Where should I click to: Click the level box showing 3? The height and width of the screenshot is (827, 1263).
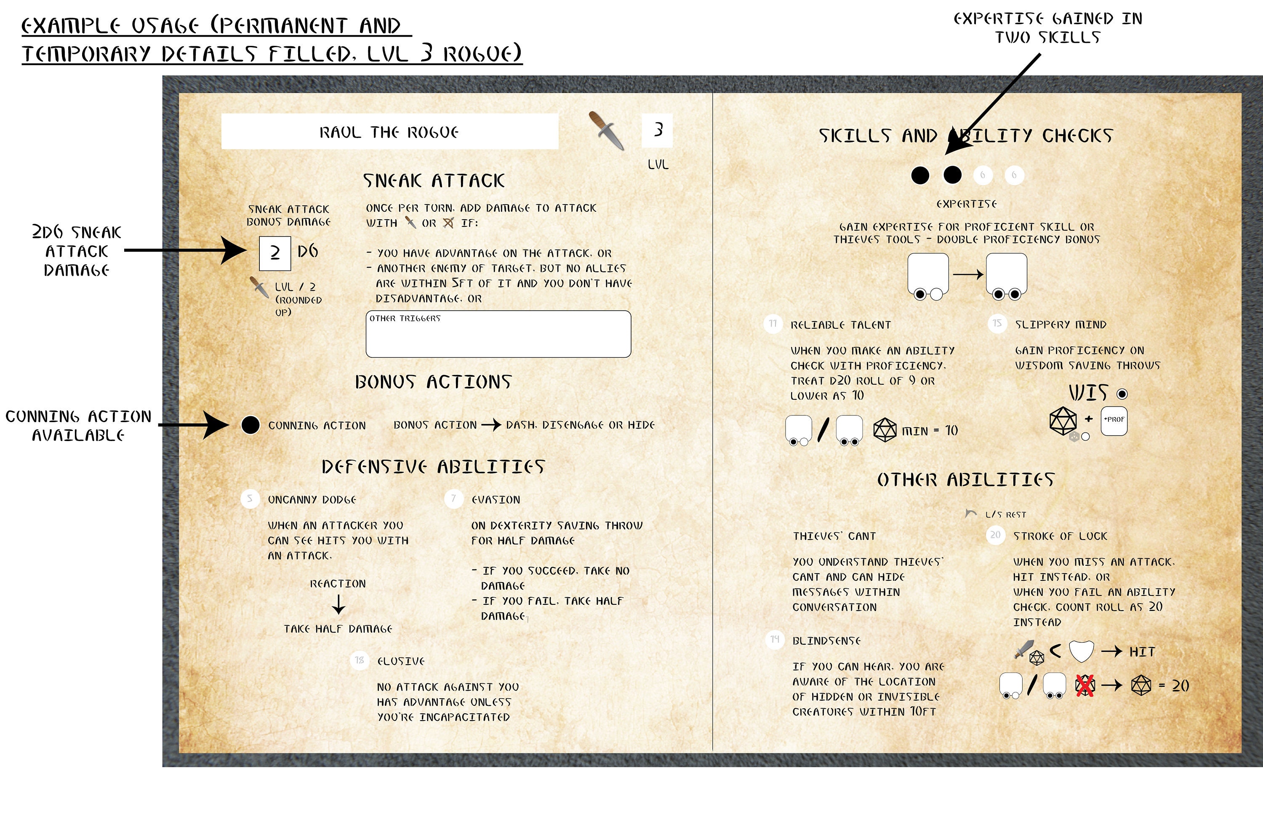[657, 130]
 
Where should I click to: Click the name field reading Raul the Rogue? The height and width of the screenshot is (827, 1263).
[389, 132]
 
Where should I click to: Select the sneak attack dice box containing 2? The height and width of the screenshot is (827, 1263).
[274, 253]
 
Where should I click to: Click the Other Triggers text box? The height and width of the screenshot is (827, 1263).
[498, 334]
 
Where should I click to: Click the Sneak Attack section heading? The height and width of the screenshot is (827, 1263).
[434, 181]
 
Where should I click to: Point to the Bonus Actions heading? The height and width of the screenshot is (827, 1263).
[433, 382]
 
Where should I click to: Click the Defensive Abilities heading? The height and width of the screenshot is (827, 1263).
[433, 467]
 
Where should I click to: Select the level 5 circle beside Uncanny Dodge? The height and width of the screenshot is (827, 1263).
[250, 499]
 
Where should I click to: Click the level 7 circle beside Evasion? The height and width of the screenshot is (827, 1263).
[454, 499]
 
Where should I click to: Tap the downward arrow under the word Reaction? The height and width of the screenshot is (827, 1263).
[338, 604]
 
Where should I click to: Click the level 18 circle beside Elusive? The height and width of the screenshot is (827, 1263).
[360, 660]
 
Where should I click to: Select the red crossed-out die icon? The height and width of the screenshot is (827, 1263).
[1085, 685]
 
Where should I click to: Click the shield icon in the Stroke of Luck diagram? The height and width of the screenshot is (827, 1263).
[1081, 651]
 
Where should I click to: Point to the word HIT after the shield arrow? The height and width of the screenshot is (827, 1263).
[1142, 651]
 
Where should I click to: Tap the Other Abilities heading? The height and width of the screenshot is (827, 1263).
[965, 479]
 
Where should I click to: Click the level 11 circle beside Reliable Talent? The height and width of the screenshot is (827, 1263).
[773, 324]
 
